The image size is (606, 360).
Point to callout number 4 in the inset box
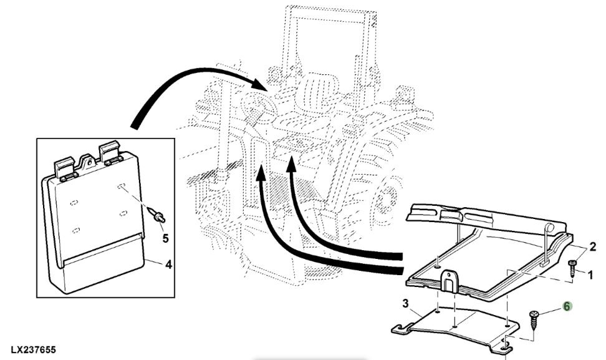click(168, 264)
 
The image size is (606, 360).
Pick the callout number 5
click(165, 238)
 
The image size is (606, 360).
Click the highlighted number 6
click(567, 306)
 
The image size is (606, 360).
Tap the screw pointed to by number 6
click(532, 321)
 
